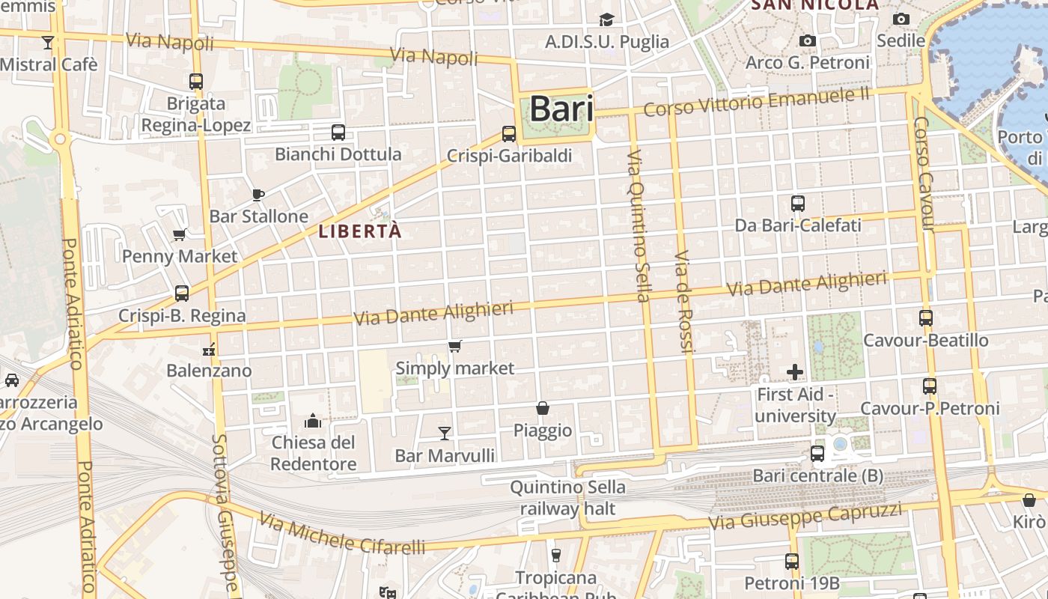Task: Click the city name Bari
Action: [561, 109]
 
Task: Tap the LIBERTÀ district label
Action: [360, 231]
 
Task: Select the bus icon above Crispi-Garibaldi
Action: [509, 134]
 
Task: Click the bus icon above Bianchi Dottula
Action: [338, 133]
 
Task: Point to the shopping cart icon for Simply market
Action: [454, 347]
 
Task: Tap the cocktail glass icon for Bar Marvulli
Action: [445, 433]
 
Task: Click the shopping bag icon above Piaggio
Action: [543, 408]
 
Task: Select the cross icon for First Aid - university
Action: [795, 371]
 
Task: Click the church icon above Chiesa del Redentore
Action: [313, 421]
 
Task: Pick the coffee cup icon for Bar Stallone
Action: [258, 195]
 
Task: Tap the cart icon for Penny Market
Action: [180, 235]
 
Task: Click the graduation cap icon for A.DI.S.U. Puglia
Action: [606, 20]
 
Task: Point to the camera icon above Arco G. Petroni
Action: [808, 40]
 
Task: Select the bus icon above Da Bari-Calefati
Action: [798, 203]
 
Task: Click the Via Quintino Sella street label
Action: [639, 225]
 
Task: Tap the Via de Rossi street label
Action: [684, 301]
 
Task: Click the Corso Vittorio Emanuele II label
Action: [757, 101]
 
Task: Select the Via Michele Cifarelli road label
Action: [342, 534]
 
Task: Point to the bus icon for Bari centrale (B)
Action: [817, 454]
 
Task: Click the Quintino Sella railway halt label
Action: [567, 498]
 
